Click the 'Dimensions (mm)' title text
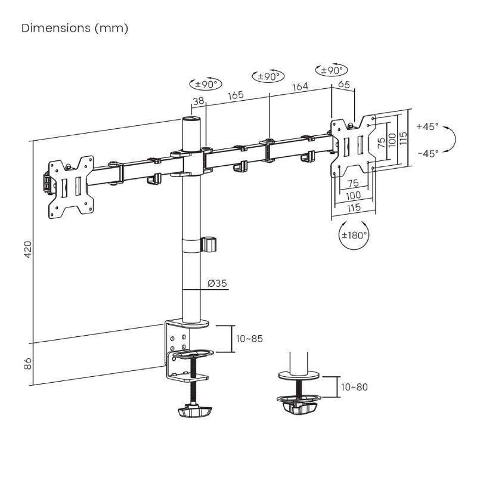75,28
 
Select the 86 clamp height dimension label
27,363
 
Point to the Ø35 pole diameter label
217,284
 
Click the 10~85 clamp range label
249,339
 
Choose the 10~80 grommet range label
355,387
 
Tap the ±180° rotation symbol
354,235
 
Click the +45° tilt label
427,126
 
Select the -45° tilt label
428,153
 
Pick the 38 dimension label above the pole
199,102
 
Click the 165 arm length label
236,95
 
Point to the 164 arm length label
299,87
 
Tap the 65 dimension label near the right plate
344,85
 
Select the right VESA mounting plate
354,144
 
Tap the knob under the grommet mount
297,407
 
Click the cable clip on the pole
209,244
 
